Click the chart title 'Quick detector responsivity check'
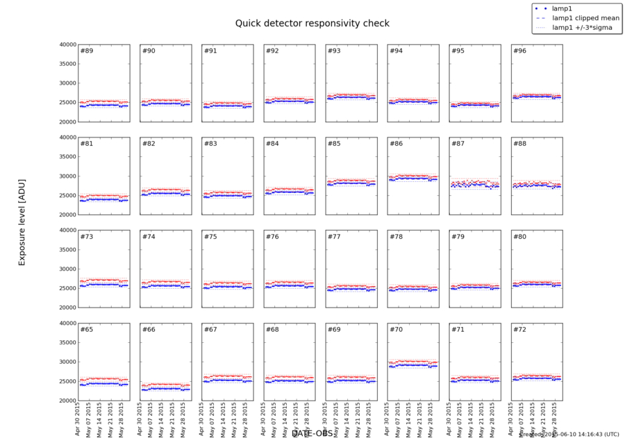pos(312,24)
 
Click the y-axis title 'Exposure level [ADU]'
pos(22,221)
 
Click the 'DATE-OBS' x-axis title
pos(312,433)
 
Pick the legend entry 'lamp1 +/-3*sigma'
pos(581,28)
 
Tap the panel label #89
pos(87,51)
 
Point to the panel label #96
pos(519,51)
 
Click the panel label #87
pos(457,144)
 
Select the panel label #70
pos(396,330)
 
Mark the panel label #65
pos(87,330)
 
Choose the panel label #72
pos(519,330)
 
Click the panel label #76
pos(272,237)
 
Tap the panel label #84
pos(272,144)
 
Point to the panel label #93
pos(334,51)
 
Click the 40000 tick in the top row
pos(67,44)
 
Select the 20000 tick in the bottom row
pos(67,401)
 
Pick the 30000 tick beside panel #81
pos(67,176)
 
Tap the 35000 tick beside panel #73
pos(67,250)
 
